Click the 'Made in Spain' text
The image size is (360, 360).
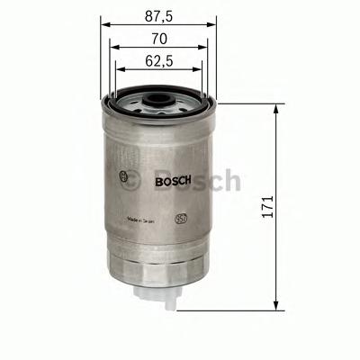146,219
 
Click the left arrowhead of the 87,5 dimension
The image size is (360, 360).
102,25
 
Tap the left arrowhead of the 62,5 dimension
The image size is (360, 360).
114,75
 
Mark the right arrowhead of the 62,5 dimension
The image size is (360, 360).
201,75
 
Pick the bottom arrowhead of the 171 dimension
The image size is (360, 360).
274,307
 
